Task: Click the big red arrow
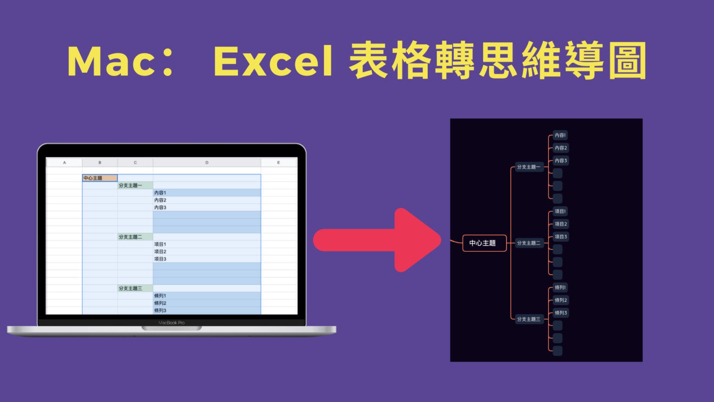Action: (x=377, y=240)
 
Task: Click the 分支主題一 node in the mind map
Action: (x=529, y=167)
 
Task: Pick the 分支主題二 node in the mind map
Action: (x=529, y=243)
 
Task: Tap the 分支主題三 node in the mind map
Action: (x=529, y=319)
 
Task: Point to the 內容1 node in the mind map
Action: (x=560, y=135)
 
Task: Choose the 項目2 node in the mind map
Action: (x=561, y=224)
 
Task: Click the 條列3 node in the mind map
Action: (x=561, y=313)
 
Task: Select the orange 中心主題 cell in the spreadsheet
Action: (x=99, y=178)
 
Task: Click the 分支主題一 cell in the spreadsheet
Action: (x=135, y=186)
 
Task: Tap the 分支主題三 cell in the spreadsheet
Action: (x=135, y=288)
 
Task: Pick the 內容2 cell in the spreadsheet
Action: (x=160, y=200)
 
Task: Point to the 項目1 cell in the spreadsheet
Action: (x=160, y=244)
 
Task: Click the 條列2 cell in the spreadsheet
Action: (x=160, y=303)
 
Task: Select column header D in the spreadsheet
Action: (x=207, y=163)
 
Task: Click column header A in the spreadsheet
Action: (x=65, y=163)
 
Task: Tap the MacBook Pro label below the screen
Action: (x=172, y=323)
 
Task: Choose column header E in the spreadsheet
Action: (x=278, y=163)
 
